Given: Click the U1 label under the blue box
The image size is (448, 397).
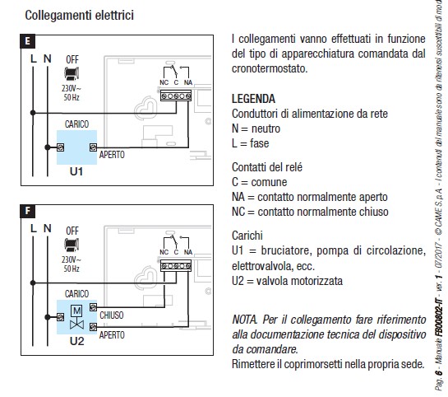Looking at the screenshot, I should coord(77,174).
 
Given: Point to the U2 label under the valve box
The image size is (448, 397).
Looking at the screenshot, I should coord(77,340).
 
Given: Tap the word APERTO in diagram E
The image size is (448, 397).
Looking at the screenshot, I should coord(113,154).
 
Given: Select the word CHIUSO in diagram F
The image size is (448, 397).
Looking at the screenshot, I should coord(112,314).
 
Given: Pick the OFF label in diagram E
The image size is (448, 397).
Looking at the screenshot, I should coord(72,59).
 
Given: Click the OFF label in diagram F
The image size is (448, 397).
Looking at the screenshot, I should coord(72,230).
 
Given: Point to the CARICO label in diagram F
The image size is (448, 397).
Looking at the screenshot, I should coord(78,292).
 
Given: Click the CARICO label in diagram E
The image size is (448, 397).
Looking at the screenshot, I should coord(78,124).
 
